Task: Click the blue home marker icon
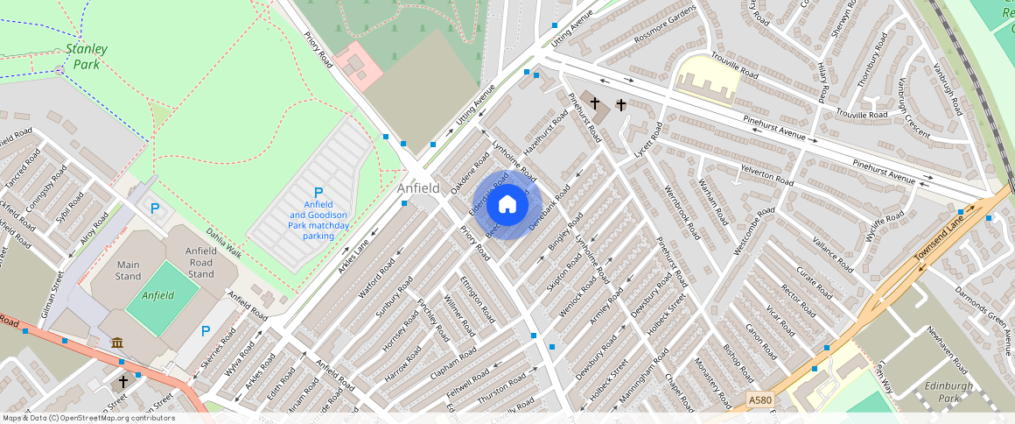(507, 205)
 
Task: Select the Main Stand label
(128, 271)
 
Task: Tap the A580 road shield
(760, 399)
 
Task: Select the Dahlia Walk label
(223, 244)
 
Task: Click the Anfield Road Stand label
(200, 262)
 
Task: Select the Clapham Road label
(453, 363)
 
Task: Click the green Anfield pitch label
(158, 295)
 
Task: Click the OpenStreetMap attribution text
(87, 418)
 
